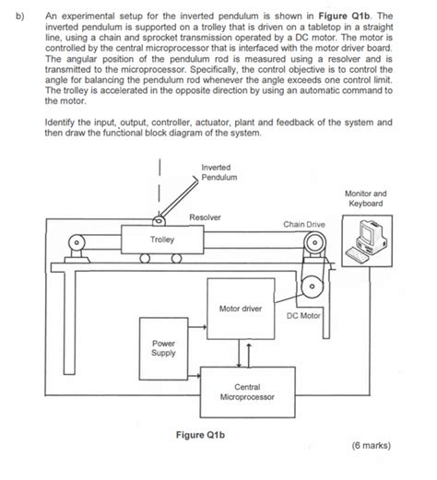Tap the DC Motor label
click(x=302, y=315)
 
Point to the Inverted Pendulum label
click(x=218, y=170)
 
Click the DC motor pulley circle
click(x=314, y=287)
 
